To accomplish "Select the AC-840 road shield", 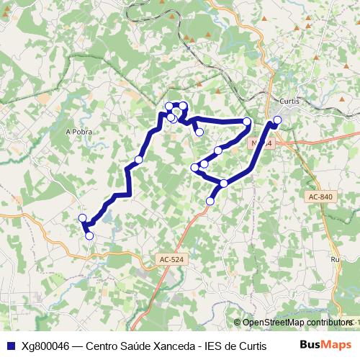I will (321, 197).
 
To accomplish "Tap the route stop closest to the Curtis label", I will (277, 120).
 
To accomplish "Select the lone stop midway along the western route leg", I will (138, 159).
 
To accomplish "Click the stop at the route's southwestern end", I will (89, 235).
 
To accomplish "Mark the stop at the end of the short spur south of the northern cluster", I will (199, 132).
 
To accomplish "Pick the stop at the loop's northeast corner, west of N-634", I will (247, 122).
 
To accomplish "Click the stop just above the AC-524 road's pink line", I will (210, 201).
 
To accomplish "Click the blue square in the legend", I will (9, 346).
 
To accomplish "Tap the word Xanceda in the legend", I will (163, 346).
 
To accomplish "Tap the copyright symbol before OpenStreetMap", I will (238, 323).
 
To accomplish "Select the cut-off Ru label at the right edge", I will (334, 259).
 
